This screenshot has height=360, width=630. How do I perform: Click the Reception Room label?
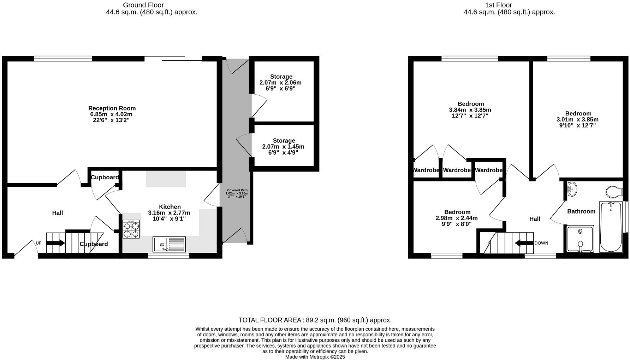pyautogui.click(x=112, y=108)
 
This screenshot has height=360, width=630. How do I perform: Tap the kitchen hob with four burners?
pyautogui.click(x=131, y=229)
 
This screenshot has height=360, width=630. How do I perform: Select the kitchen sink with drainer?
pyautogui.click(x=169, y=244)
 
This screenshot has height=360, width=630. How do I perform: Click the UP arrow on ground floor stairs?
pyautogui.click(x=55, y=243)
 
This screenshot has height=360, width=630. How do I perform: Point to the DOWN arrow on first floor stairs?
pyautogui.click(x=524, y=243)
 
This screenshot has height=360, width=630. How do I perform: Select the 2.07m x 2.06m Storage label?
pyautogui.click(x=281, y=83)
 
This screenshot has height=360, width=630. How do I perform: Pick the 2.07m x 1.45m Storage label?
pyautogui.click(x=283, y=146)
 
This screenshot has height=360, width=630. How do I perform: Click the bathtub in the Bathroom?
pyautogui.click(x=611, y=227)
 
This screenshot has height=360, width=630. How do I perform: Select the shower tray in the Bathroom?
pyautogui.click(x=580, y=239)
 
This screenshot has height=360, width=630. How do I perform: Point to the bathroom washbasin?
pyautogui.click(x=572, y=189)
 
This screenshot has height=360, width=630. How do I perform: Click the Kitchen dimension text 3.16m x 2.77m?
pyautogui.click(x=169, y=213)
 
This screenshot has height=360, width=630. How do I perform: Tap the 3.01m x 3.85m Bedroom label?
pyautogui.click(x=578, y=119)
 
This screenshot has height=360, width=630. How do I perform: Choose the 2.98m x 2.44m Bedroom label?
pyautogui.click(x=457, y=218)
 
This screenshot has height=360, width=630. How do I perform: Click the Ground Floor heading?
pyautogui.click(x=143, y=5)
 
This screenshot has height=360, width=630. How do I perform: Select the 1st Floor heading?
pyautogui.click(x=498, y=5)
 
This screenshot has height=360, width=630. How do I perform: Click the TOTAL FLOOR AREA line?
pyautogui.click(x=315, y=320)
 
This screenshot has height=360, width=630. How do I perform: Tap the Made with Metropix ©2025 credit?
pyautogui.click(x=315, y=357)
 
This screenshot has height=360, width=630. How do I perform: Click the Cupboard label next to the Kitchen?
pyautogui.click(x=105, y=177)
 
